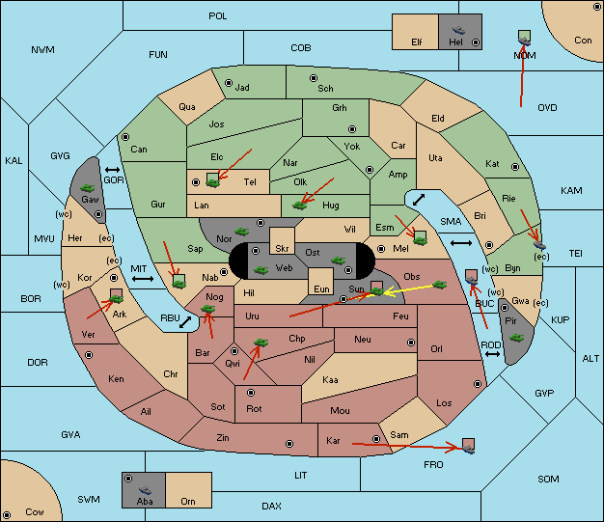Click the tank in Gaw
[x=88, y=188]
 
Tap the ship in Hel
[x=458, y=30]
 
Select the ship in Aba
[x=145, y=490]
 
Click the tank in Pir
[x=516, y=338]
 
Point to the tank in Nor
[x=241, y=232]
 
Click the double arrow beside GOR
[x=113, y=170]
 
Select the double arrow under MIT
[x=143, y=279]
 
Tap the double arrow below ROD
[x=492, y=354]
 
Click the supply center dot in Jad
[x=229, y=83]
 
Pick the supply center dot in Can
[x=125, y=137]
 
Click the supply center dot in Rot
[x=251, y=393]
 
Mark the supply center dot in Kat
[x=515, y=167]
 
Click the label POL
[x=218, y=16]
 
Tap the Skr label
[x=282, y=249]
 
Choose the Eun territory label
[x=321, y=288]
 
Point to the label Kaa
[x=330, y=380]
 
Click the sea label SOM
[x=548, y=479]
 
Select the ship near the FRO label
[x=468, y=449]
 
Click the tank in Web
[x=261, y=269]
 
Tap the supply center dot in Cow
[x=7, y=514]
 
